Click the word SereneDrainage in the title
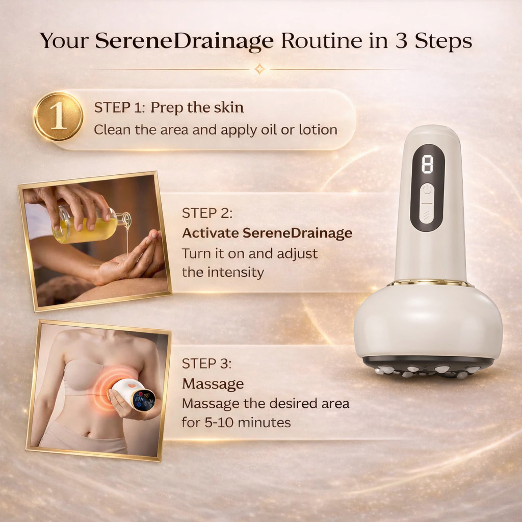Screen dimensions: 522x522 [x=185, y=41]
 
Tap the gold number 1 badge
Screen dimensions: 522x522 [x=58, y=117]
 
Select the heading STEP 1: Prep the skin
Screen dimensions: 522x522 [x=169, y=108]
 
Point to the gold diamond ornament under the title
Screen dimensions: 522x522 [x=259, y=69]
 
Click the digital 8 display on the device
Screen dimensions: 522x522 [x=427, y=165]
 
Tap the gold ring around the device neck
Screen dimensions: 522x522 [x=428, y=283]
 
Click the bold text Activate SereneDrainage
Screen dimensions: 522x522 [x=267, y=233]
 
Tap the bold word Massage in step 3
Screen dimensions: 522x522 [x=213, y=383]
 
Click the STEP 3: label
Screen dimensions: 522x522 [x=207, y=363]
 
